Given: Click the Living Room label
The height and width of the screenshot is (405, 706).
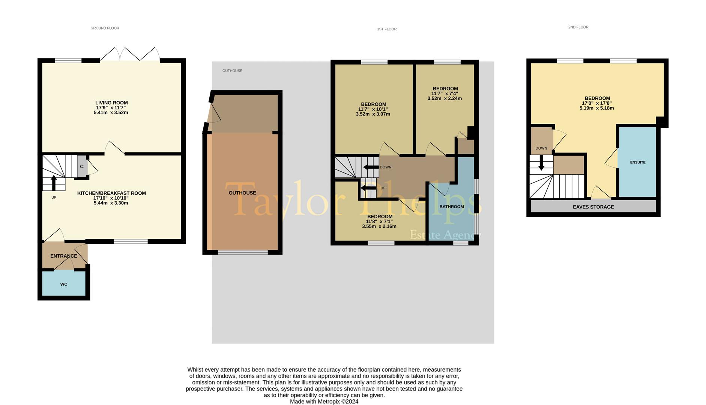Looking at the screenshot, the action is pyautogui.click(x=111, y=103).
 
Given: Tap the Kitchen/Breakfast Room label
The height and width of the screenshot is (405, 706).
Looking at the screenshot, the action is pyautogui.click(x=111, y=193).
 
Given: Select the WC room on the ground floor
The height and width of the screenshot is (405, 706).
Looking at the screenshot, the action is pyautogui.click(x=64, y=284).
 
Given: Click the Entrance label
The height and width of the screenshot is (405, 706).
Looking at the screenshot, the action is pyautogui.click(x=64, y=256).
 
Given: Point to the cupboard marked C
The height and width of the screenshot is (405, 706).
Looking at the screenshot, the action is pyautogui.click(x=82, y=166).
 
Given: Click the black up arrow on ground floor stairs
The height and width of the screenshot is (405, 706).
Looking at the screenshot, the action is pyautogui.click(x=54, y=183).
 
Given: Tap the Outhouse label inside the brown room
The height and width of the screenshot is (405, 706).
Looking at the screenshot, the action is pyautogui.click(x=242, y=193).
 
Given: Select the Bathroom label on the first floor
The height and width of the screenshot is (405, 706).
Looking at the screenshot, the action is pyautogui.click(x=452, y=207).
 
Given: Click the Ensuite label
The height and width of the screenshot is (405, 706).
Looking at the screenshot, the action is pyautogui.click(x=638, y=162).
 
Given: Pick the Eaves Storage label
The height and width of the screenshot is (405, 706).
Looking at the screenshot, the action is pyautogui.click(x=593, y=207).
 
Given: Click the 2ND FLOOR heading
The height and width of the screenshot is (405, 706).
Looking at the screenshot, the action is pyautogui.click(x=578, y=27).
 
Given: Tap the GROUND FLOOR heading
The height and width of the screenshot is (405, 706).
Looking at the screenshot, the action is pyautogui.click(x=105, y=28).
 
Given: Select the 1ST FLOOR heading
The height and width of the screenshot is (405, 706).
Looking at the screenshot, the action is pyautogui.click(x=387, y=29).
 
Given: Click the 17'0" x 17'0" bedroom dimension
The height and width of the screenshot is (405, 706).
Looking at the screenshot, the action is pyautogui.click(x=597, y=103).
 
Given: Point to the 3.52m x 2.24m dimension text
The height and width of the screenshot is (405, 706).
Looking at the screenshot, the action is pyautogui.click(x=445, y=99).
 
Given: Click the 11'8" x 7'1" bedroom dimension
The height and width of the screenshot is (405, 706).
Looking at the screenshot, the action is pyautogui.click(x=379, y=221).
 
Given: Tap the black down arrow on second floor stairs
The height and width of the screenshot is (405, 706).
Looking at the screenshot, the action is pyautogui.click(x=541, y=163).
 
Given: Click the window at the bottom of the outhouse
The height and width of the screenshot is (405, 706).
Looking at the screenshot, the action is pyautogui.click(x=243, y=253).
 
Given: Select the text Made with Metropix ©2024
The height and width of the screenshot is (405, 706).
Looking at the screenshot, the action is pyautogui.click(x=324, y=402).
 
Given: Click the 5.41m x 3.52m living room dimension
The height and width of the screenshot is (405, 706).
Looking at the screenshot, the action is pyautogui.click(x=111, y=112).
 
